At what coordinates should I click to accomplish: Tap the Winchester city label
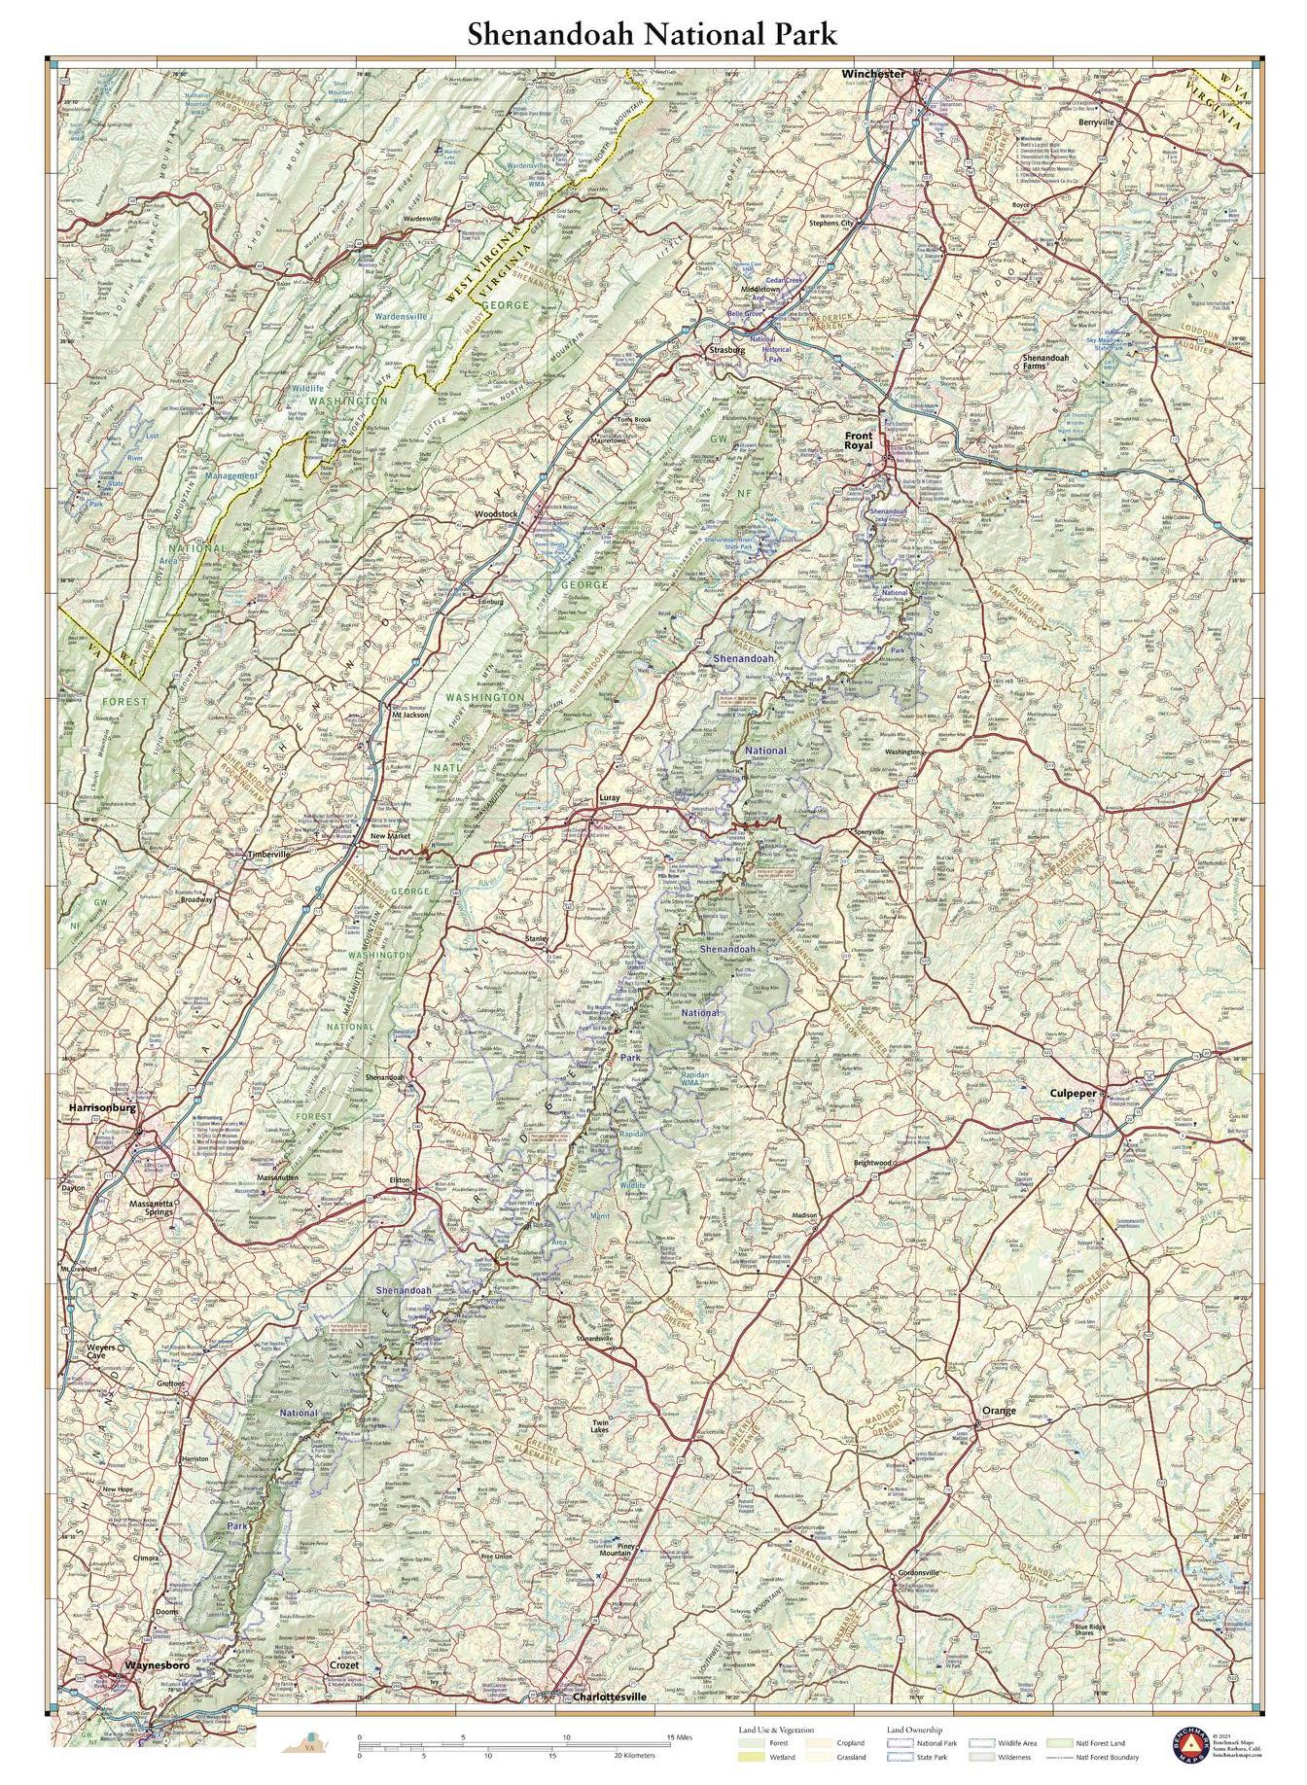point(872,74)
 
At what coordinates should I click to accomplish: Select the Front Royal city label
point(858,440)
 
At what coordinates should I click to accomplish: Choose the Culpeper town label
point(1072,1093)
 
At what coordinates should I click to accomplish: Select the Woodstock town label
point(495,513)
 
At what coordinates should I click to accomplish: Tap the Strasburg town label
point(725,348)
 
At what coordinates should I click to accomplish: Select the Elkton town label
point(400,1180)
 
